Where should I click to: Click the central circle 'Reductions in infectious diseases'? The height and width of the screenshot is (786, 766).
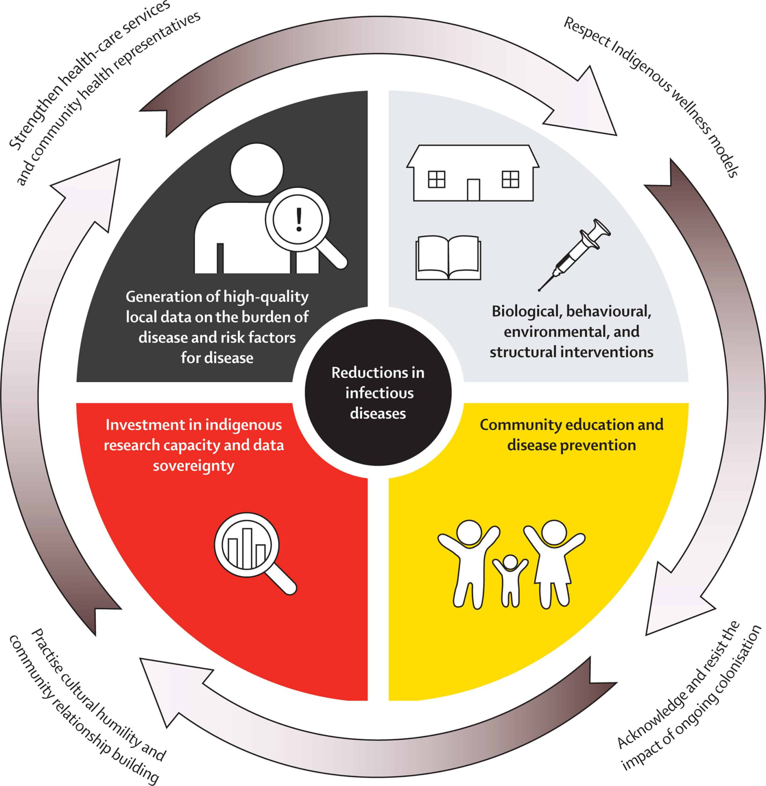(378, 393)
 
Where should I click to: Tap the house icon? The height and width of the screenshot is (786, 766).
(473, 173)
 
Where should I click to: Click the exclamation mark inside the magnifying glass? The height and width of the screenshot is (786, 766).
(299, 220)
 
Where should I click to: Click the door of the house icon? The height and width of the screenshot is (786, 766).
(474, 189)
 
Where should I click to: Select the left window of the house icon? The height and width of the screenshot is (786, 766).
(436, 179)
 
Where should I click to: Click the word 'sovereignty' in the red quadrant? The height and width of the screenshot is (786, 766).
(193, 466)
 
